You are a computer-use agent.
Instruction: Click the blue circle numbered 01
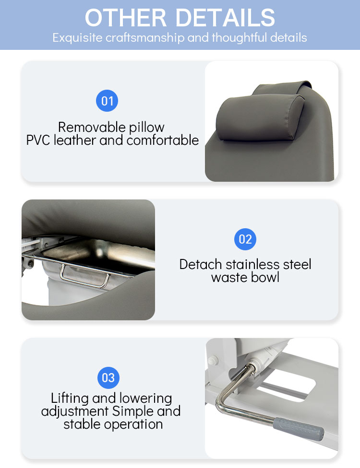pos(107,101)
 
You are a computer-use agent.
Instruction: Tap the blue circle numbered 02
pos(245,239)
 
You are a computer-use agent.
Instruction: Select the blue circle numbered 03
pos(108,377)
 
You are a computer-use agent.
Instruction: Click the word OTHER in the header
pos(126,18)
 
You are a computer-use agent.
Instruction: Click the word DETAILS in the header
pos(225,18)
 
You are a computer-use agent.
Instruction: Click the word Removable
pos(92,127)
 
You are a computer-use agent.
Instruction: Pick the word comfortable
pos(163,140)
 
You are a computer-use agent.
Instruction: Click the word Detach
pos(201,264)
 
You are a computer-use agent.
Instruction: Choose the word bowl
pos(265,278)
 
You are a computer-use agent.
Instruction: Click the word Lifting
pos(70,398)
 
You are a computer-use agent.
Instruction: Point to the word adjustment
pos(75,411)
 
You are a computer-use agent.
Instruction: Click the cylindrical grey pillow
pos(260,117)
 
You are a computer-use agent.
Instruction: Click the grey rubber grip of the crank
pos(298,429)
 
